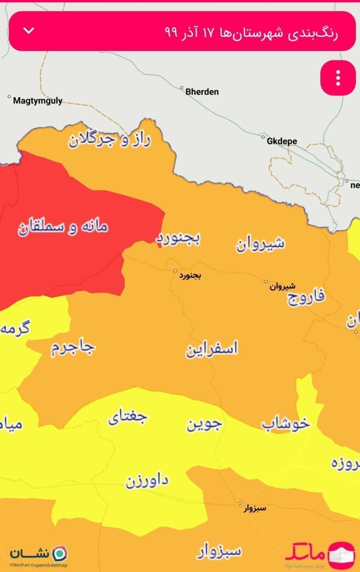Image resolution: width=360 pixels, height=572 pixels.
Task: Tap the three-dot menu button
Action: (338, 78)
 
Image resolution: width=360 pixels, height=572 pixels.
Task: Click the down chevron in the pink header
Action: (29, 31)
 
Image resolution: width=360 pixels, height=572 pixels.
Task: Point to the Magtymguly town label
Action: (38, 101)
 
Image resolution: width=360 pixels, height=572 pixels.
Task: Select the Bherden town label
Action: (202, 91)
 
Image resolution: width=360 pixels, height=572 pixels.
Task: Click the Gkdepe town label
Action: (282, 141)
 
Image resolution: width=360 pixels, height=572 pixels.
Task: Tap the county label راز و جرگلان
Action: (109, 140)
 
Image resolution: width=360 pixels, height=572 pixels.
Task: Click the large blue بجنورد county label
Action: (178, 239)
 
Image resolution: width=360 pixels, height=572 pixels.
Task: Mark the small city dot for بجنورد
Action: (176, 271)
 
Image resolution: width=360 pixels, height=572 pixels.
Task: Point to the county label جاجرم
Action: (73, 347)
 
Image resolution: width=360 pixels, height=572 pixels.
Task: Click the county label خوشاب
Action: (286, 423)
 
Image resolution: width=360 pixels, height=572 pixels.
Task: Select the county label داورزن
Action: (147, 481)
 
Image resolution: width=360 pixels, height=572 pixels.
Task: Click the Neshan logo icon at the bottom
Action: (59, 553)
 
